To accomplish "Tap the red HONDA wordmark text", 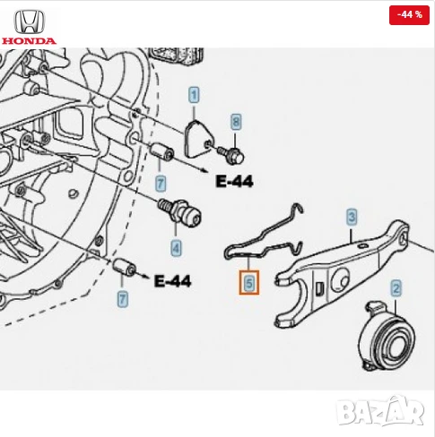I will pyautogui.click(x=28, y=40).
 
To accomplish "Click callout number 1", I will pyautogui.click(x=193, y=94).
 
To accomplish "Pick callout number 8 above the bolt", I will pyautogui.click(x=236, y=121).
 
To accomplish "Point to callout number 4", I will pyautogui.click(x=176, y=246).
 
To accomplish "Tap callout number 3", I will pyautogui.click(x=352, y=217).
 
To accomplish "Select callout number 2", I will pyautogui.click(x=396, y=287).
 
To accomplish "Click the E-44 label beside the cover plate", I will pyautogui.click(x=234, y=182).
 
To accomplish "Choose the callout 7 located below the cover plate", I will pyautogui.click(x=161, y=184).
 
